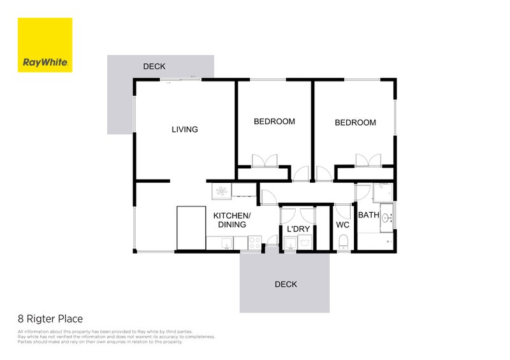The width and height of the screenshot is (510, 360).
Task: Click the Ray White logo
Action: [x=45, y=45]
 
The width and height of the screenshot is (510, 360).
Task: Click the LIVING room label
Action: [x=185, y=129]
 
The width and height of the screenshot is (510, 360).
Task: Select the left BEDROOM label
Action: [x=274, y=122]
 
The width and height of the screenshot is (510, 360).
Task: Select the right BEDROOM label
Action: [x=355, y=122]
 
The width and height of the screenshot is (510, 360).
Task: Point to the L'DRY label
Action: [x=298, y=229]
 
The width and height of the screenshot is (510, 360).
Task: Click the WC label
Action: [x=342, y=225]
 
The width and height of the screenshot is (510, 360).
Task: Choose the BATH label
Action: [x=368, y=215]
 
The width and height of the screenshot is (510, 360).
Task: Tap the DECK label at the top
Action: [x=154, y=66]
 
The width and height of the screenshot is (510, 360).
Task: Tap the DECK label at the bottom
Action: [x=286, y=284]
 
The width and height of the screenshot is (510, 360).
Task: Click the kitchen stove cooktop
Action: [x=254, y=242]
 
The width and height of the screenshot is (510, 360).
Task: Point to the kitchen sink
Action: [x=224, y=242]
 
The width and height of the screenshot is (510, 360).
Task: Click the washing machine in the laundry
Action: [x=305, y=242]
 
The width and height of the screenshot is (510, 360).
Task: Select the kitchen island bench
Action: [x=190, y=227]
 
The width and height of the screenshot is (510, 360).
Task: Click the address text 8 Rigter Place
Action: [x=50, y=319]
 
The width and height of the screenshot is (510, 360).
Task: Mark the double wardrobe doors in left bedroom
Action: [x=265, y=161]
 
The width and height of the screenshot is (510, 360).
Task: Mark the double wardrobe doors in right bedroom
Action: [x=368, y=160]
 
